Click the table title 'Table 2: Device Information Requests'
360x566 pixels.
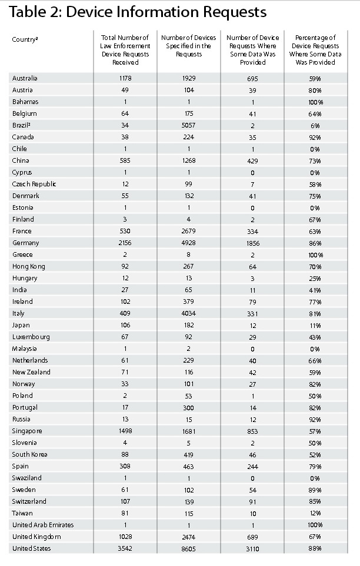(x=138, y=12)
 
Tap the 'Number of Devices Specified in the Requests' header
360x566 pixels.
(x=188, y=46)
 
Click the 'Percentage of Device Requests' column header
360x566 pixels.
(x=315, y=50)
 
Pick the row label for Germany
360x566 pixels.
(x=25, y=243)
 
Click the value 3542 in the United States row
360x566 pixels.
(x=125, y=548)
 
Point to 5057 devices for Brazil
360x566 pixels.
(x=188, y=125)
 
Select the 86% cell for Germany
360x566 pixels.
(x=315, y=243)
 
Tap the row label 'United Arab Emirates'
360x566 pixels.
(x=43, y=525)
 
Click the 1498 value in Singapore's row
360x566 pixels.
(x=125, y=431)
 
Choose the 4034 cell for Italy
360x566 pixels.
(x=188, y=313)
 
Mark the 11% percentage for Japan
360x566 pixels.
(x=315, y=325)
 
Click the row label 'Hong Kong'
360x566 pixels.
(x=28, y=266)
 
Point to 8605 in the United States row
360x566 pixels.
(x=188, y=548)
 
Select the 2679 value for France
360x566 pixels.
(x=188, y=231)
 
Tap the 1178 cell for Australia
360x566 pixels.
(x=125, y=78)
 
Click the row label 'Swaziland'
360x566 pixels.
(x=27, y=478)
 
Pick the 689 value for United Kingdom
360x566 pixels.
(x=252, y=537)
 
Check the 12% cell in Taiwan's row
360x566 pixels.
(x=315, y=513)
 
